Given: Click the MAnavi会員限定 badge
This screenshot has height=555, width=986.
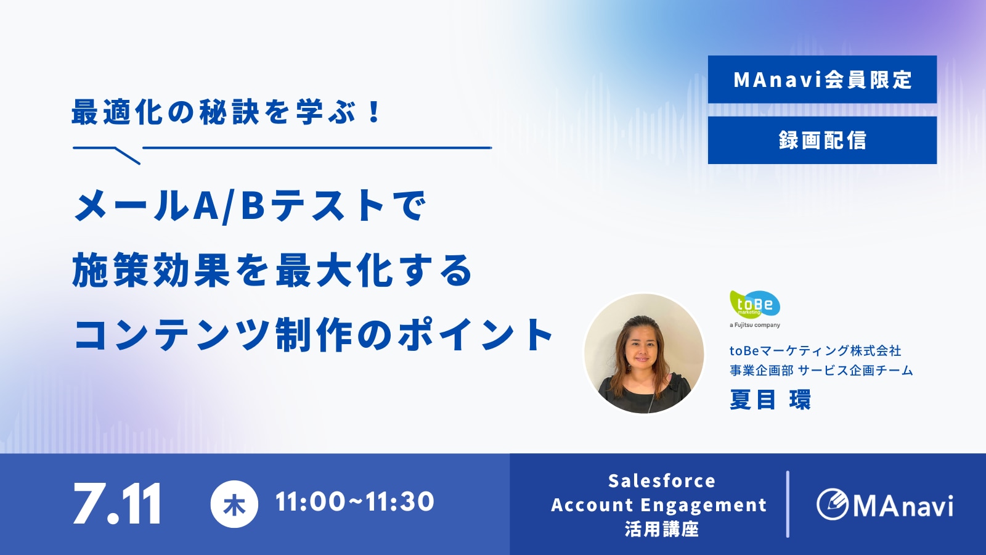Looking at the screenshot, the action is [x=822, y=80].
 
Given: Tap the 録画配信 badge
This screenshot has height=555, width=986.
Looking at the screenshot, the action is [x=822, y=140].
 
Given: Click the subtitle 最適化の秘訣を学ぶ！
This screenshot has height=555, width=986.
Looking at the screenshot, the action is [x=226, y=112].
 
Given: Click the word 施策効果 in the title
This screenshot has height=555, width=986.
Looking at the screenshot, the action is [x=150, y=270].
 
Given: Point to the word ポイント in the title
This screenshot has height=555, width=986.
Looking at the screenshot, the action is [x=475, y=334].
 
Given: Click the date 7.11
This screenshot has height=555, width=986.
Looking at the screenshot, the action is [x=117, y=503].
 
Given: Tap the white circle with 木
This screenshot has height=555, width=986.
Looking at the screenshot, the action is [x=234, y=504].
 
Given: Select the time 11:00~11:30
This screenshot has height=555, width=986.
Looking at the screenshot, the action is [x=355, y=502].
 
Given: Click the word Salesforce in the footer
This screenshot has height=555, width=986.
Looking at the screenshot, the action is [x=662, y=481].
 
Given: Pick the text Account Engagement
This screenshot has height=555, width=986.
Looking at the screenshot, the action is [x=659, y=505].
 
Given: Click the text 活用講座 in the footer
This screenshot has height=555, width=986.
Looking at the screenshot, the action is [x=662, y=529].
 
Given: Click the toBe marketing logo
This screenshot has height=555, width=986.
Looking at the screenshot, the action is [x=755, y=304].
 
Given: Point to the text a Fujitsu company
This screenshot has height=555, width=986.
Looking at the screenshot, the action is [x=755, y=325].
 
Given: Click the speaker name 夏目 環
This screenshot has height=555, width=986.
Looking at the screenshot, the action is [x=770, y=400].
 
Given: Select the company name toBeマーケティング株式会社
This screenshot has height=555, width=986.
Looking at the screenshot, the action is [x=816, y=351].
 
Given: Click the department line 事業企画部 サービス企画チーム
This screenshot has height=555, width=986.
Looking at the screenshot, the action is [x=821, y=371].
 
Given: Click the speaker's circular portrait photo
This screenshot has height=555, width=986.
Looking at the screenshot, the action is [x=644, y=354].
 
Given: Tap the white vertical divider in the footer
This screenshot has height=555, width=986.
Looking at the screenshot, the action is [x=788, y=504].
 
